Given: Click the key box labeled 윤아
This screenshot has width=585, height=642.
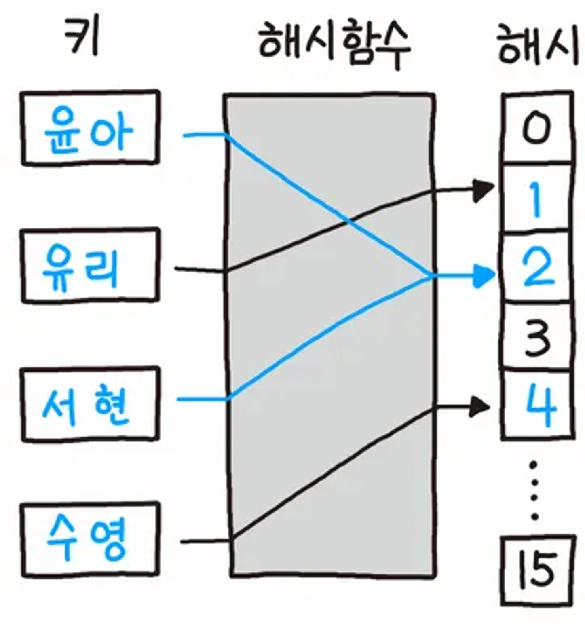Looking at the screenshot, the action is [x=90, y=128].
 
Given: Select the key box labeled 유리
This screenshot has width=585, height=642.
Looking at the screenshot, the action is [x=90, y=266].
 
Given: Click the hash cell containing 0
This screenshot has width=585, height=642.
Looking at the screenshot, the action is [x=537, y=128].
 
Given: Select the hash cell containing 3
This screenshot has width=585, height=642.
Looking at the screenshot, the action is [x=537, y=336].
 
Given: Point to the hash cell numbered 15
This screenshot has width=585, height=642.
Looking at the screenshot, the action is [x=538, y=570].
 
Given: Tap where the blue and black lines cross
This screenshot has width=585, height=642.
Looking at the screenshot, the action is [x=349, y=221].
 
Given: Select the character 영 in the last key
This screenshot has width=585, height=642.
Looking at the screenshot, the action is [x=109, y=540].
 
